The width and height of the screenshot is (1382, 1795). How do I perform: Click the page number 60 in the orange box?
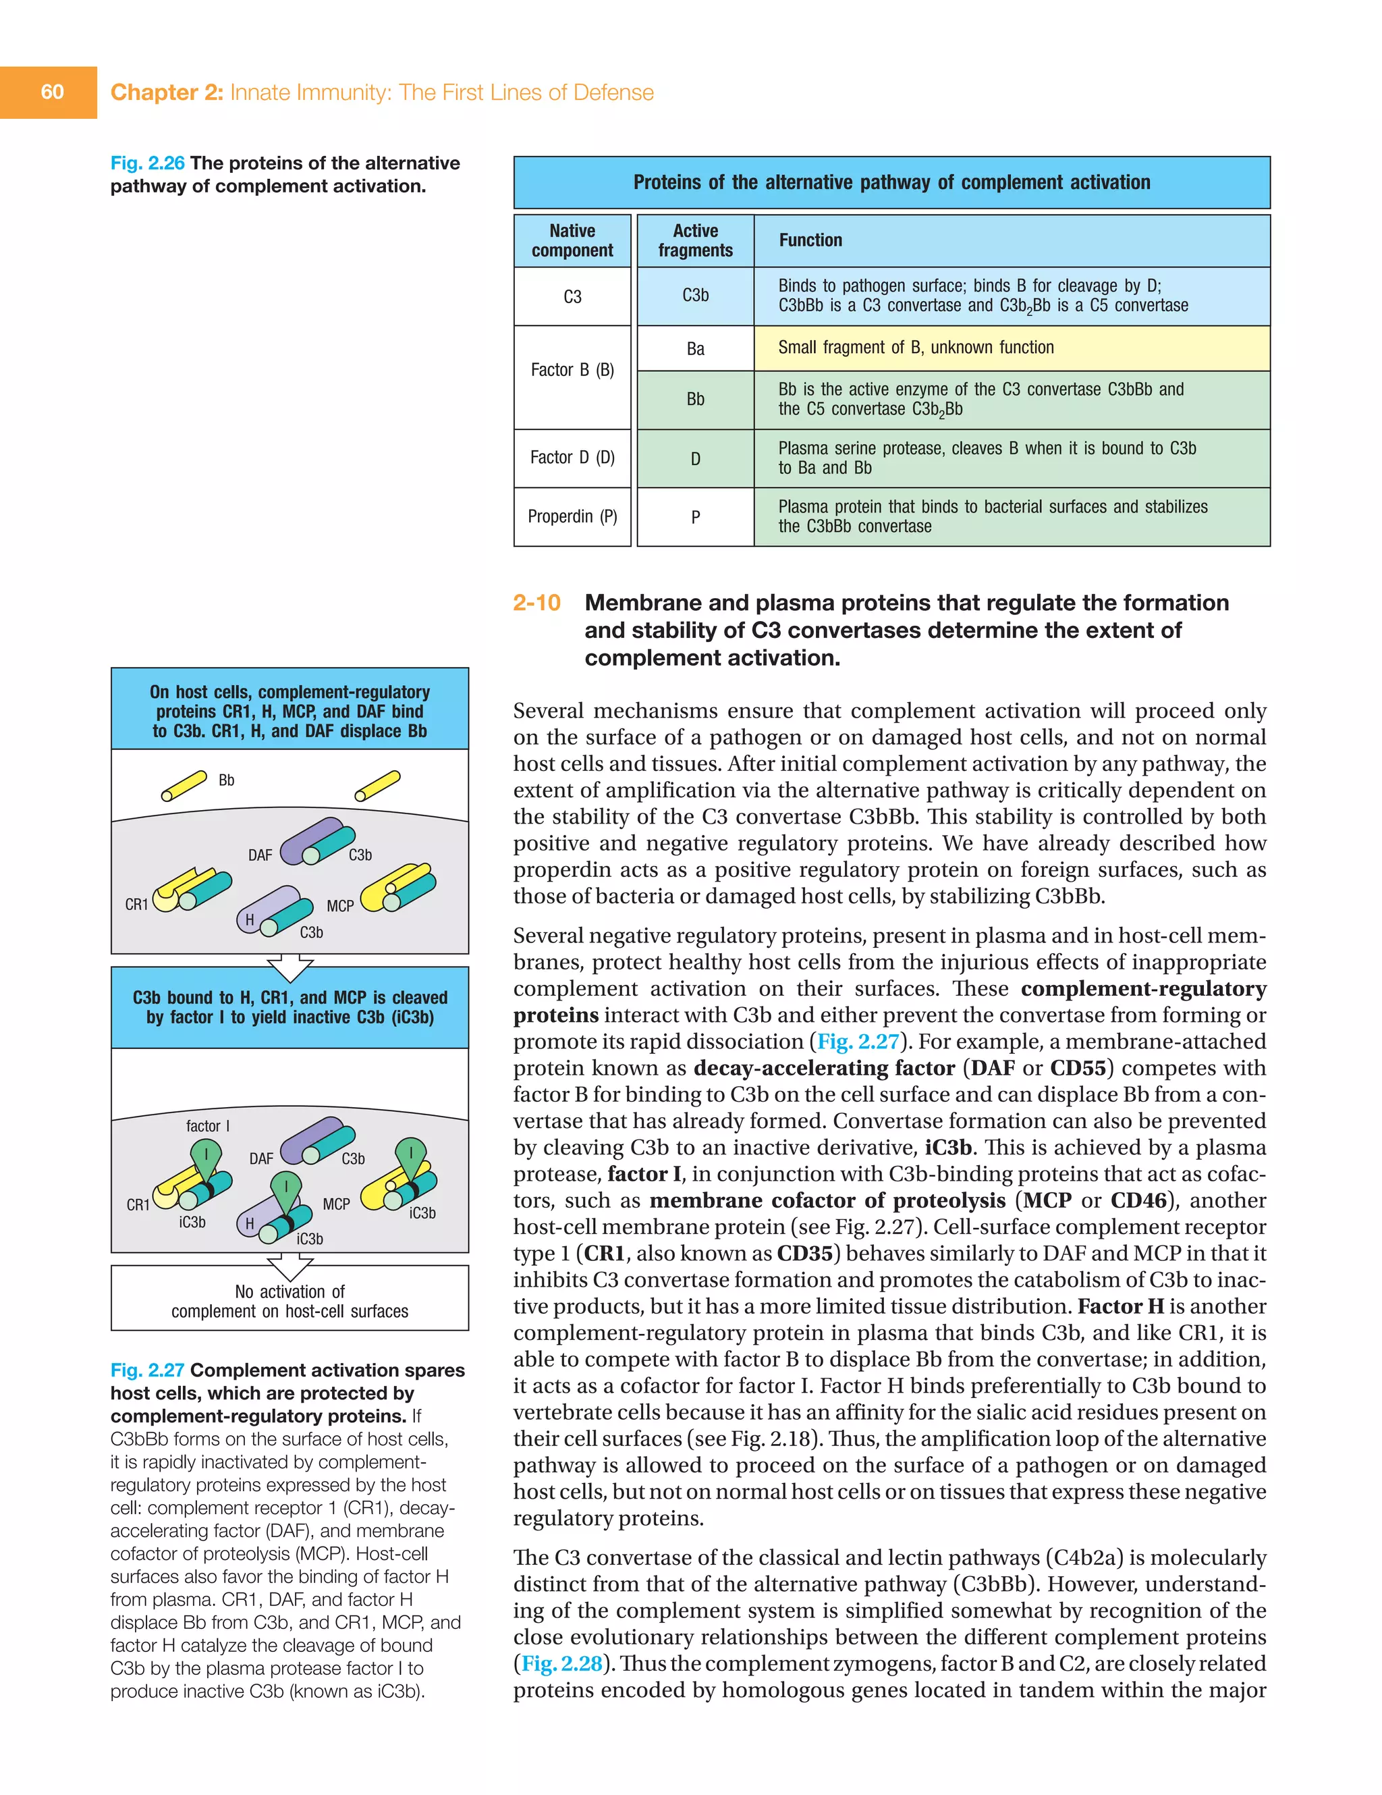tap(52, 92)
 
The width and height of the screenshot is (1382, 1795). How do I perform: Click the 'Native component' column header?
tap(572, 241)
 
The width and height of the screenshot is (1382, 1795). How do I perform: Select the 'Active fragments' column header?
tap(695, 241)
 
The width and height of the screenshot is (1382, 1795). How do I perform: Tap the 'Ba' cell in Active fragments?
tap(695, 348)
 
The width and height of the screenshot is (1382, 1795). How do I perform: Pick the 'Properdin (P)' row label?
tap(572, 516)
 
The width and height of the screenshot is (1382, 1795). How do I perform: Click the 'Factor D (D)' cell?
tap(572, 458)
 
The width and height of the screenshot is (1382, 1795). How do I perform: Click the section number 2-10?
tap(536, 604)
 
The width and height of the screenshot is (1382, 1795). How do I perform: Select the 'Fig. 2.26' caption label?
tap(147, 163)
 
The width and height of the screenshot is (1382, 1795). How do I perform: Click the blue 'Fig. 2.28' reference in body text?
tap(562, 1663)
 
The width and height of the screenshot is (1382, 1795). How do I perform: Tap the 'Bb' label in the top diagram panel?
tap(226, 780)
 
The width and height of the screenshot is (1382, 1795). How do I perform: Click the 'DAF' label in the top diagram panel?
tap(260, 855)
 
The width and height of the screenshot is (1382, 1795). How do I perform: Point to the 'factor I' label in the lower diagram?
tap(208, 1126)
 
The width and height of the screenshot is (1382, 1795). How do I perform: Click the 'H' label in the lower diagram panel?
tap(250, 1224)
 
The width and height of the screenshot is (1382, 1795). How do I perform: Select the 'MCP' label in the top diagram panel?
tap(339, 906)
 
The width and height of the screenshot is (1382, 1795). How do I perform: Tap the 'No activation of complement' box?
tap(289, 1301)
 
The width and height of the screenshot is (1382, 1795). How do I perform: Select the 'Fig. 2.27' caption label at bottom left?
tap(147, 1370)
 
